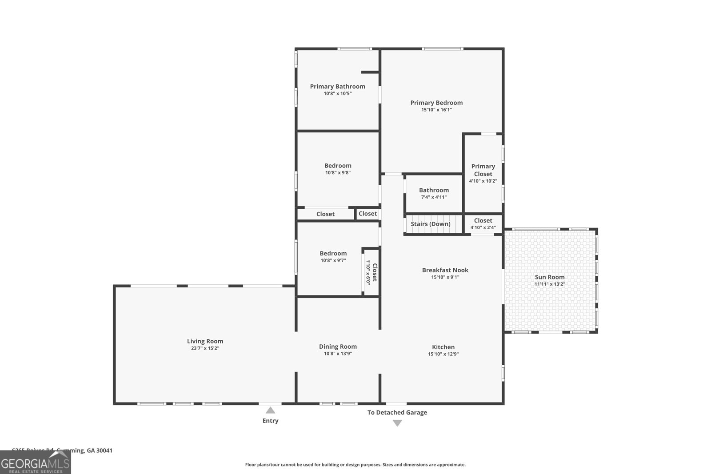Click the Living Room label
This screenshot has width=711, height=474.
pyautogui.click(x=205, y=341)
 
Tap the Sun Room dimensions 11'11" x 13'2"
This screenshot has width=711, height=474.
pyautogui.click(x=550, y=284)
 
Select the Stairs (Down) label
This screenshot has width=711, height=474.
pyautogui.click(x=430, y=224)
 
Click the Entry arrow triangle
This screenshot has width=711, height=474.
pyautogui.click(x=270, y=410)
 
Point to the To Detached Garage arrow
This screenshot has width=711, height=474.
pyautogui.click(x=397, y=423)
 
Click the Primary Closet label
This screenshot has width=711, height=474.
pyautogui.click(x=483, y=170)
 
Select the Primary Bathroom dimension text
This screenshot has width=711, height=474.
pyautogui.click(x=338, y=94)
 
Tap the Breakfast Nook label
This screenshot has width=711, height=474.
pyautogui.click(x=445, y=270)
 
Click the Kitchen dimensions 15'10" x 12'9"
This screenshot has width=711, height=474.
pyautogui.click(x=443, y=354)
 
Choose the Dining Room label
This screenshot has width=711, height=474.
pyautogui.click(x=338, y=347)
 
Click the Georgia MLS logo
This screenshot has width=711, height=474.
pyautogui.click(x=36, y=463)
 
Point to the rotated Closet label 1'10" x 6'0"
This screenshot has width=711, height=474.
pyautogui.click(x=371, y=272)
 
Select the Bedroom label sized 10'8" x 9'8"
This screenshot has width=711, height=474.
pyautogui.click(x=338, y=166)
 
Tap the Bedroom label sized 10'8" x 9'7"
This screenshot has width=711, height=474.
pyautogui.click(x=333, y=254)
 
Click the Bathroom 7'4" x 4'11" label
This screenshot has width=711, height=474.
pyautogui.click(x=434, y=190)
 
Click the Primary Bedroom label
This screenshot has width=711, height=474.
pyautogui.click(x=436, y=103)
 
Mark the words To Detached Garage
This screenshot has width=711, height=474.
pyautogui.click(x=397, y=412)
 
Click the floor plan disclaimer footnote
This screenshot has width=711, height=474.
pyautogui.click(x=355, y=465)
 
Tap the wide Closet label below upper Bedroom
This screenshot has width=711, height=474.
pyautogui.click(x=325, y=214)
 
